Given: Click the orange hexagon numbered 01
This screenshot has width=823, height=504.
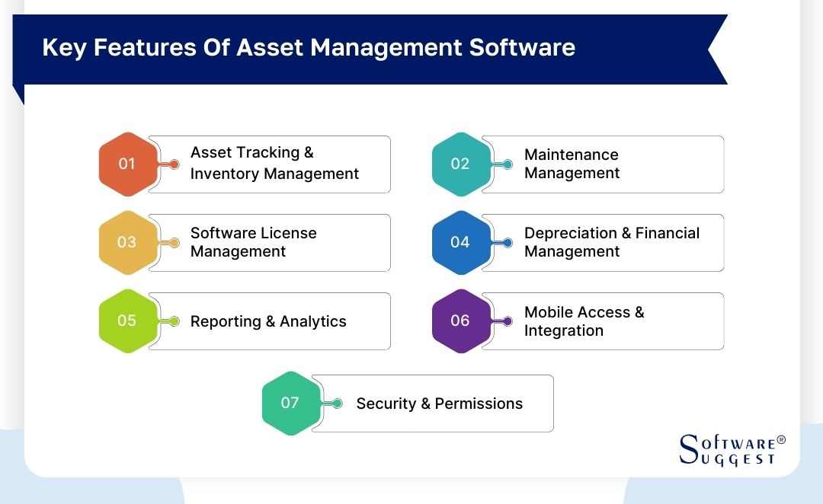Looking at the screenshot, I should coord(126,164).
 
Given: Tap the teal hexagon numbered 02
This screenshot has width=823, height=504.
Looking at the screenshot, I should coord(460,164).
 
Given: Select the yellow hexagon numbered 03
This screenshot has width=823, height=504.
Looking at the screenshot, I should coord(126,242).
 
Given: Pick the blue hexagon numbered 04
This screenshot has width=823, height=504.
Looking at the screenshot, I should coord(460,242).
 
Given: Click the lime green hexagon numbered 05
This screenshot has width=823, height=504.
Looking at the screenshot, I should coord(126,321).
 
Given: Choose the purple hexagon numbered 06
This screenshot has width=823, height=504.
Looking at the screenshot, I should coord(460,321).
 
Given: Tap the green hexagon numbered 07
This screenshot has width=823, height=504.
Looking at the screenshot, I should coord(290,403).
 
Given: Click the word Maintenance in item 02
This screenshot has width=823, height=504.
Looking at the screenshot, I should coord(571,155).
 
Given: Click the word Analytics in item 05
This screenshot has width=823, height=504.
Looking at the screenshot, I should coord(312,321).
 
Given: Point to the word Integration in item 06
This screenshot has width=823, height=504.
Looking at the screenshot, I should coord(563,330).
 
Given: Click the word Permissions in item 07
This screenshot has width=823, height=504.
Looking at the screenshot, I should coord(479,404).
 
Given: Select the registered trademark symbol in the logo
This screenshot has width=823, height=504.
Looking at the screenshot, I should coord(780,440).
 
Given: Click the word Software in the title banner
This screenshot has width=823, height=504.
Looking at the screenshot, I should coord(522,48).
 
